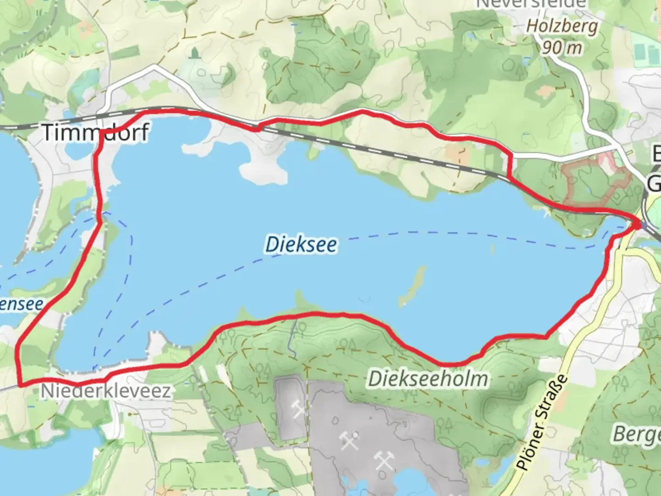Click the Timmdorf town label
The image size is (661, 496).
(x=95, y=132)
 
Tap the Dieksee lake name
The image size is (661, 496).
(x=301, y=244)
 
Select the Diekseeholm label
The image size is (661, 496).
(x=428, y=379)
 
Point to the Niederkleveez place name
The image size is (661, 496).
(x=106, y=391)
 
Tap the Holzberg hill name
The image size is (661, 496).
(x=562, y=26)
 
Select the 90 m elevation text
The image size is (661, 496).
(x=562, y=47)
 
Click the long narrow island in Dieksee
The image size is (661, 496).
(x=412, y=287)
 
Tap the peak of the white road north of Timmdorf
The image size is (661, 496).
(x=155, y=67)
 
